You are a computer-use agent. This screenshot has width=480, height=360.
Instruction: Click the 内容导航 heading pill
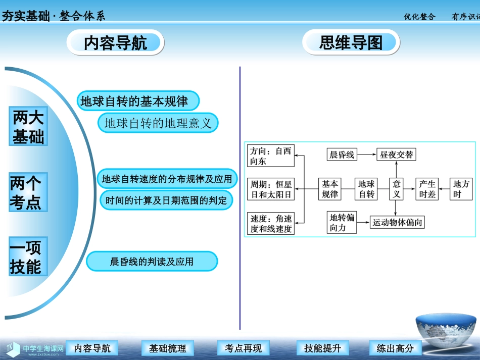coord(116,43)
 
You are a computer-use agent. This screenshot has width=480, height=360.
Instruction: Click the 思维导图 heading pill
coord(351,43)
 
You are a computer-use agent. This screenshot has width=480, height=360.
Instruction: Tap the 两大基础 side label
coord(28,127)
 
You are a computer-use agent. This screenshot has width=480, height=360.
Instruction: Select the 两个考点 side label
coord(25,192)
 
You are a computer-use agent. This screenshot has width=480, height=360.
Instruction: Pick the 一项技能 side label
coord(25,257)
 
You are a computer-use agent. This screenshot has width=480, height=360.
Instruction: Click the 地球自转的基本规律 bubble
coord(137,101)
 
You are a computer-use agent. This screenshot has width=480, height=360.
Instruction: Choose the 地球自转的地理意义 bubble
coord(158,123)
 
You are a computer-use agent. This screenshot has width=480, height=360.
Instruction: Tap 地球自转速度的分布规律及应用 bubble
coord(167,179)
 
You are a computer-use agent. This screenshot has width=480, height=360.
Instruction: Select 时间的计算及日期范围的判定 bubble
coord(167,200)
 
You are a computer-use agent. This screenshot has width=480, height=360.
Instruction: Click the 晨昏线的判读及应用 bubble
coord(152,262)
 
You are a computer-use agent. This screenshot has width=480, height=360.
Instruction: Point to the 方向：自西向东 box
coord(270,156)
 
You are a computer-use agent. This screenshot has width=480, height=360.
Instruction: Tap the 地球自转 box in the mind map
coord(367,189)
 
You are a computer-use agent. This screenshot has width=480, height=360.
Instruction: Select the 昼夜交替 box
coord(397,155)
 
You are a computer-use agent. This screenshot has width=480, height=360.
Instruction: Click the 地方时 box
coord(461,189)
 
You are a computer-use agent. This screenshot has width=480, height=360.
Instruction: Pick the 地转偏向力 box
coord(342,222)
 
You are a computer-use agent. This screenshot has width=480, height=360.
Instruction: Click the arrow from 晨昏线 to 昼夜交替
coord(366,155)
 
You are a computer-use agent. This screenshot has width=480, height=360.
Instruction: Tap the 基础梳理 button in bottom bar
coord(168,348)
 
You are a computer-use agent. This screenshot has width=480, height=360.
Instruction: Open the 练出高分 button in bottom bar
coord(395,348)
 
